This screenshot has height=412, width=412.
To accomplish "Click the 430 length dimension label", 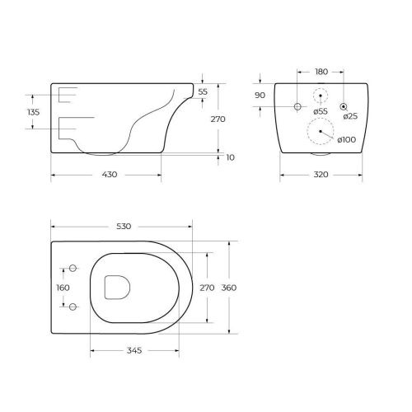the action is click(x=110, y=175).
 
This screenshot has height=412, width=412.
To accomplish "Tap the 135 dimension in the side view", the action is click(x=34, y=112).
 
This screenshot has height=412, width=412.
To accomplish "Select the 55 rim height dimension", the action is click(x=203, y=91).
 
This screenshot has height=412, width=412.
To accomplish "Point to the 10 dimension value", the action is click(x=230, y=157).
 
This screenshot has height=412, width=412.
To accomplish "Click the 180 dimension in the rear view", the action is click(x=321, y=72).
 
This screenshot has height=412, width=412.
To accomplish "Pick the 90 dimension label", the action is click(x=260, y=96).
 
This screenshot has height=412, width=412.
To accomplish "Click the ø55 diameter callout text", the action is click(x=321, y=111).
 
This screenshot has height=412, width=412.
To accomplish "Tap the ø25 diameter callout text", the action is click(x=350, y=116).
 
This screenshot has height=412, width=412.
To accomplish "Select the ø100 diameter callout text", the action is click(x=347, y=139).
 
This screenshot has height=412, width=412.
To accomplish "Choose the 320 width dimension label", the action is click(x=321, y=175).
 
